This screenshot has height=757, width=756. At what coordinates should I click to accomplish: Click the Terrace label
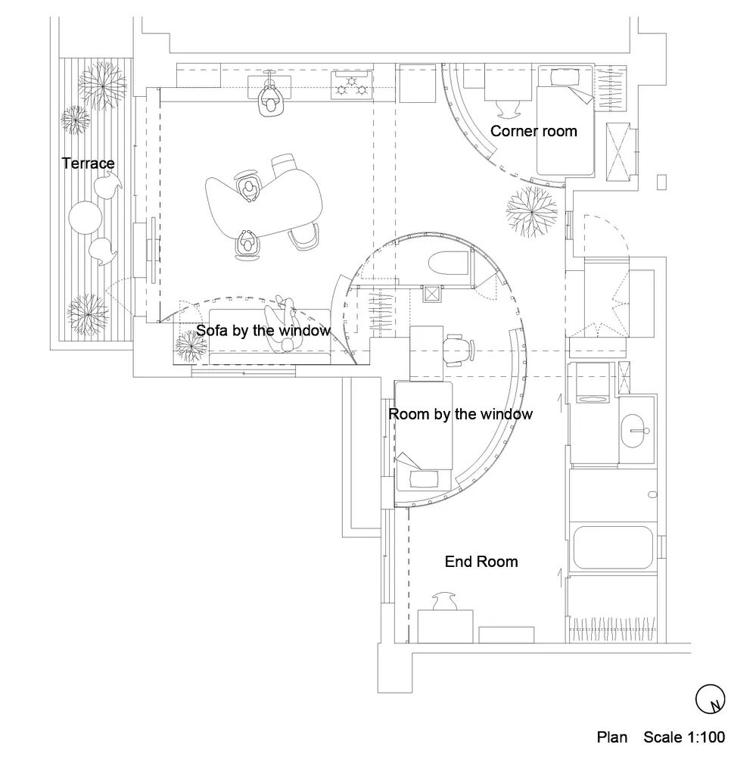[x=89, y=164]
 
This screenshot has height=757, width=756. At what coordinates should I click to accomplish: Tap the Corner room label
[x=534, y=131]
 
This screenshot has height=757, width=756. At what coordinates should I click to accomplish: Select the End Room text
[x=481, y=562]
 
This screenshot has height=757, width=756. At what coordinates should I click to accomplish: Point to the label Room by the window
[x=460, y=414]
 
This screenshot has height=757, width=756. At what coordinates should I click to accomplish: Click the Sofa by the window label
[x=263, y=331]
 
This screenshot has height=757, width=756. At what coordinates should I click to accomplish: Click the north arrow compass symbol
[x=710, y=699]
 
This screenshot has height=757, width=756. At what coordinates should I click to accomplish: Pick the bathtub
[x=612, y=547]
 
